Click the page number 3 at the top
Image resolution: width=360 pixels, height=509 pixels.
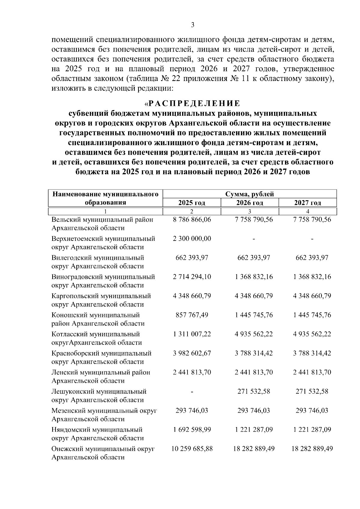pos(193,25)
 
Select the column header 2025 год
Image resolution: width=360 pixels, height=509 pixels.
pos(192,203)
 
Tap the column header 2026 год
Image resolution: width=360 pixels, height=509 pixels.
pos(250,203)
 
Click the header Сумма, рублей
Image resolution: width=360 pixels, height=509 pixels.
pos(250,194)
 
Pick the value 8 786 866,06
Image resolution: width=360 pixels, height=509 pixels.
pos(192,220)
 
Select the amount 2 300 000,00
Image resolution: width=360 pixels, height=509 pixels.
pos(192,239)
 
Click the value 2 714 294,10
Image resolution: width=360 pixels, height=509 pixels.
pos(192,277)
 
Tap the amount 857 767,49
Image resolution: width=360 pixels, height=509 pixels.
pos(192,315)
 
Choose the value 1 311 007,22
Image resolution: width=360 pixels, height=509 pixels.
pos(192,334)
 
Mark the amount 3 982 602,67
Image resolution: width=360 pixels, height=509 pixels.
pos(192,353)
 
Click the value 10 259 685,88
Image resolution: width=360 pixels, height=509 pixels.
pos(192,449)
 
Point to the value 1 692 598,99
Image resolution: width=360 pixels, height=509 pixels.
pos(192,430)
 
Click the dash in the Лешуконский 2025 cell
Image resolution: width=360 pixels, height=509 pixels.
pos(192,392)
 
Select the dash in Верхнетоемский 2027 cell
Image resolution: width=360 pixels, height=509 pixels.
pos(312,239)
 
